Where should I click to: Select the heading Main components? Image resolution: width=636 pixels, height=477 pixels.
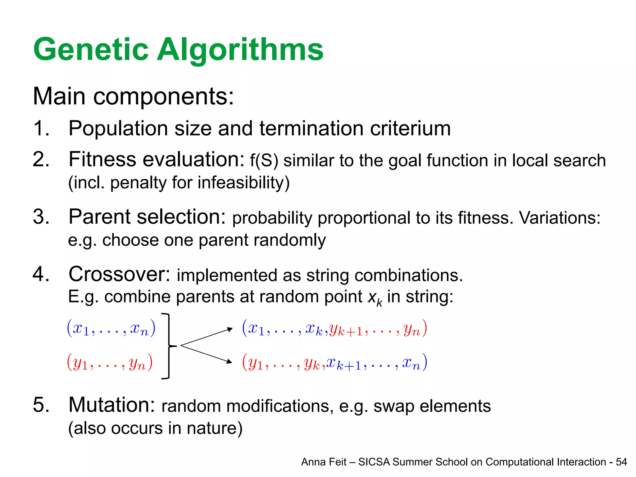click(133, 96)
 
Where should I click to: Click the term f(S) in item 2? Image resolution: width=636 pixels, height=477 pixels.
click(264, 161)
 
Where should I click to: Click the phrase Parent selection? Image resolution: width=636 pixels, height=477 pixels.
click(147, 217)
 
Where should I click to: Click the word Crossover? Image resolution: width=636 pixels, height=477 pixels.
click(120, 275)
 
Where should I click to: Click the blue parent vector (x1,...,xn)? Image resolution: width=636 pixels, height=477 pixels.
click(111, 329)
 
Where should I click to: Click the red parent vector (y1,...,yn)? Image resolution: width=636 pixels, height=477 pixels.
click(110, 363)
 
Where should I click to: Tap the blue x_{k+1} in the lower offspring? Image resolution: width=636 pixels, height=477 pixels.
click(344, 364)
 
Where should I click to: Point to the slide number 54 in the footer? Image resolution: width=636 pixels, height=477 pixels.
click(621, 462)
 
